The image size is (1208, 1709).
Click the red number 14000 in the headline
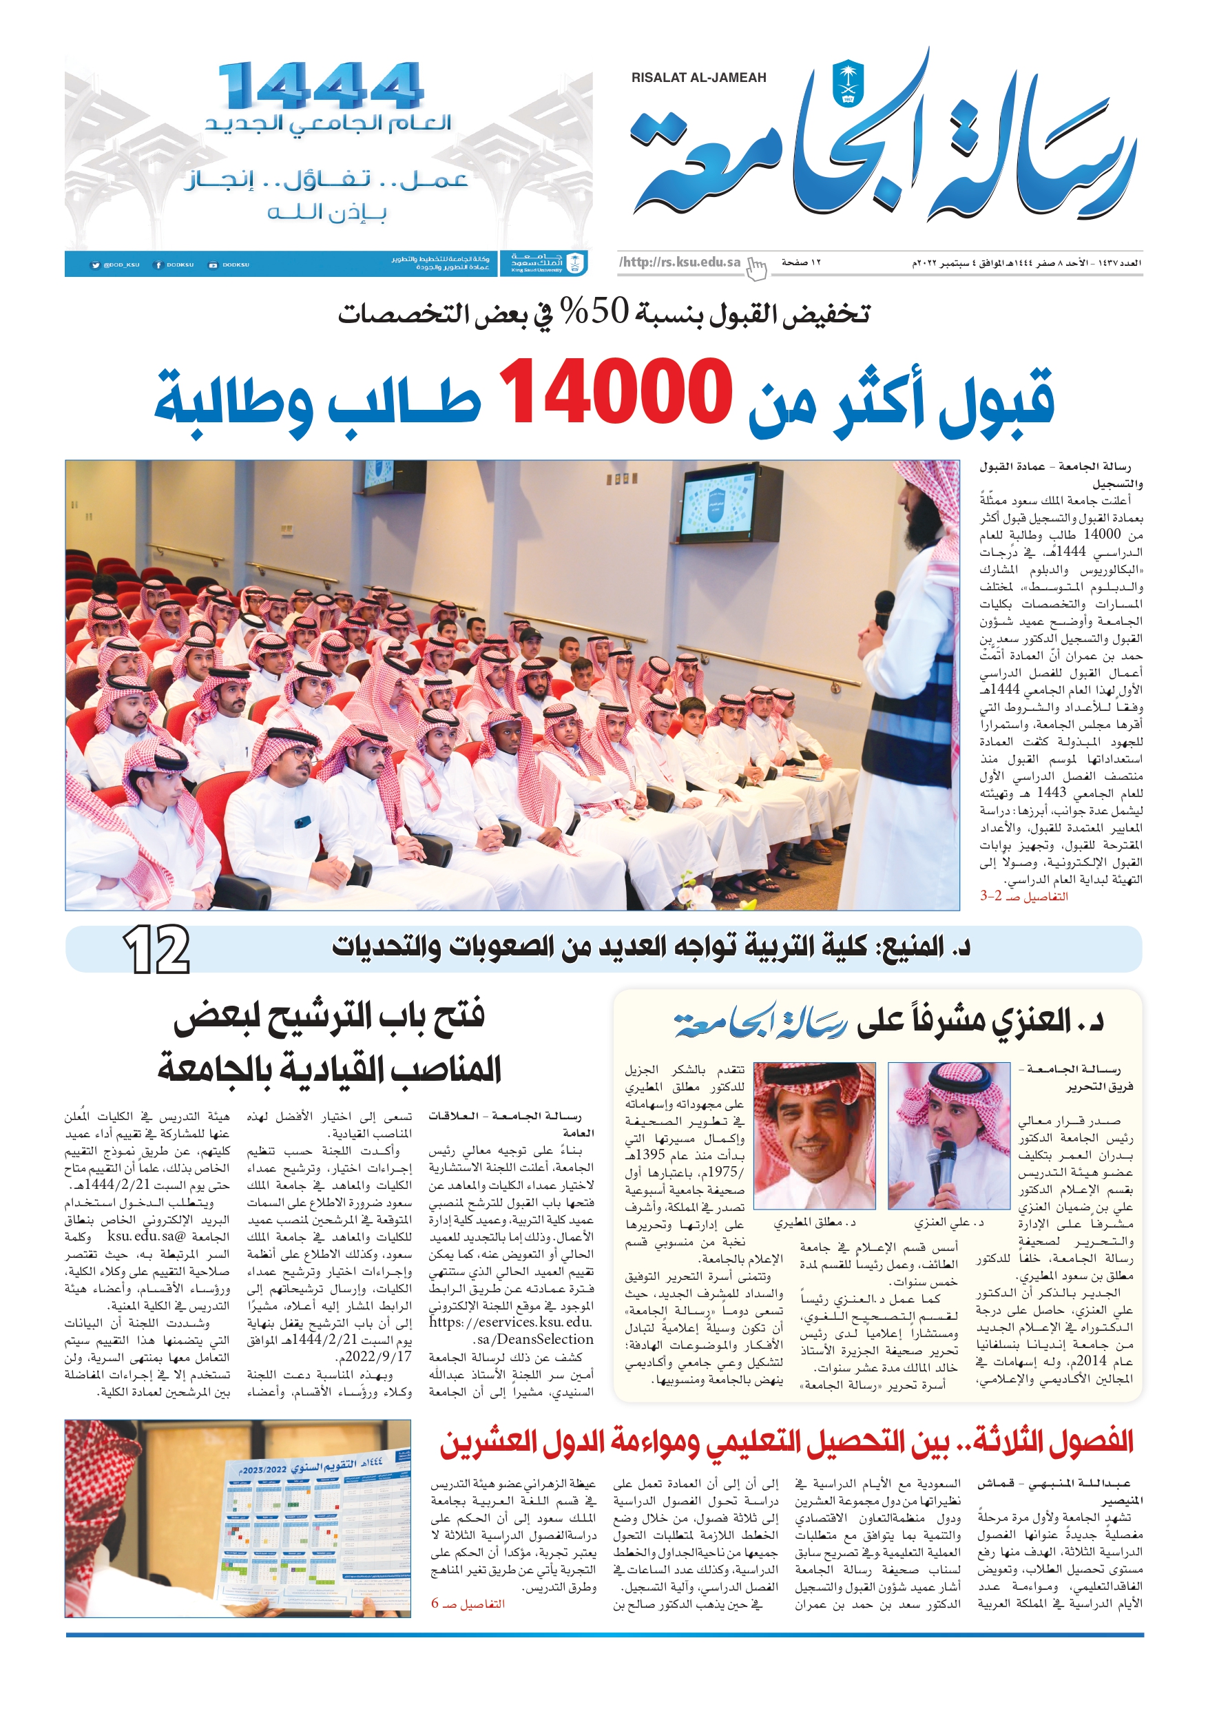[615, 392]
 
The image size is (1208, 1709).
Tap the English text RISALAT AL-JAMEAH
[698, 77]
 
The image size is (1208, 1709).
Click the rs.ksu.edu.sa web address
[680, 262]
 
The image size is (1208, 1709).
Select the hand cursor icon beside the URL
[756, 267]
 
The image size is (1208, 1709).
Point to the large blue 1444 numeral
[320, 86]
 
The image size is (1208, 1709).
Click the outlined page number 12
[156, 949]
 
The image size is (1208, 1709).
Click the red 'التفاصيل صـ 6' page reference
[468, 1604]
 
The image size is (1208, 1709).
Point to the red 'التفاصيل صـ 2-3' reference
[1023, 896]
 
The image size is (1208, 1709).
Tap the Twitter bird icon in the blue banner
[95, 265]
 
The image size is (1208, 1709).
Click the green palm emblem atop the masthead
[847, 82]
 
